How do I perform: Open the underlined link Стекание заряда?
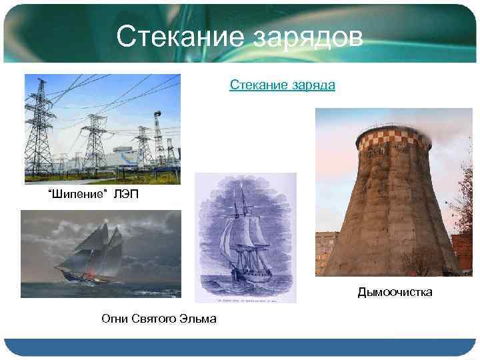point(282,85)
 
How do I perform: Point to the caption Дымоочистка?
point(395,292)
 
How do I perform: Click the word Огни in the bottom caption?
point(115,319)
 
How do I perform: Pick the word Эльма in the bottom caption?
point(198,319)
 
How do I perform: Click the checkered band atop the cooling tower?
point(393,139)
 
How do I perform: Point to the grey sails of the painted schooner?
point(100,247)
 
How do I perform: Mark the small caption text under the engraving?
point(245,298)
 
